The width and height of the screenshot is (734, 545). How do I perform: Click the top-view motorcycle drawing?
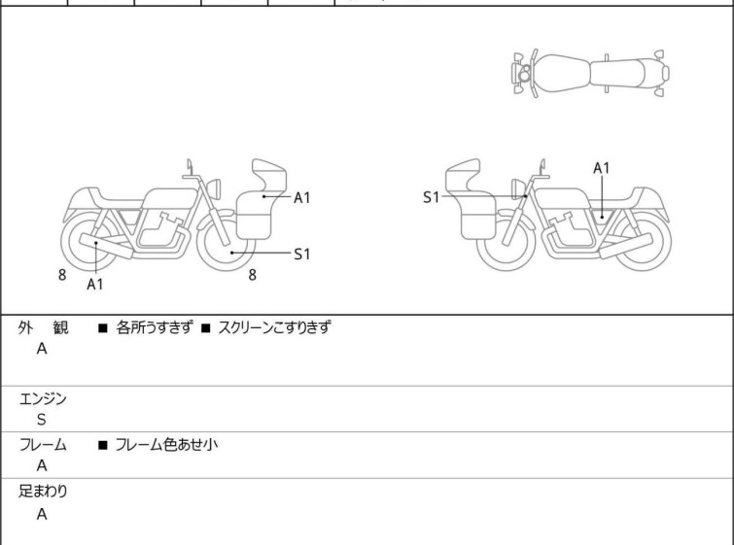(x=590, y=71)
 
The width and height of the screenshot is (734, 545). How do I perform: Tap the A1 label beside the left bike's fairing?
(x=302, y=197)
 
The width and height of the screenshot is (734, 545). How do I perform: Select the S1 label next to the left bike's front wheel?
(x=302, y=254)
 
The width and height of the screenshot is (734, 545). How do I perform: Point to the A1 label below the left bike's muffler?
(x=95, y=285)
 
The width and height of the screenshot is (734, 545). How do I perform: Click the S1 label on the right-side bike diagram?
(x=431, y=197)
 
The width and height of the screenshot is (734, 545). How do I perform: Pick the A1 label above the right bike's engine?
(x=602, y=168)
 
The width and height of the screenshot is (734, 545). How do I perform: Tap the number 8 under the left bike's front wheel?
(x=252, y=275)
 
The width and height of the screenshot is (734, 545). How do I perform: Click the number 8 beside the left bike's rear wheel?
(x=62, y=275)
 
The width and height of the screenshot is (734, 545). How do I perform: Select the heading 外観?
(x=44, y=328)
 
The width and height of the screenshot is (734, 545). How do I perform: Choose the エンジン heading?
(x=44, y=398)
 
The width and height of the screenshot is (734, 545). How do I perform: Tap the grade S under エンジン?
(x=42, y=420)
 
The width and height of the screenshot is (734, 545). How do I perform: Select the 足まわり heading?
(x=44, y=492)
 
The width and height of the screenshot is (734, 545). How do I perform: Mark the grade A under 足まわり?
(x=42, y=515)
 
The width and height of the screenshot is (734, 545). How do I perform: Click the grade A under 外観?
(x=42, y=350)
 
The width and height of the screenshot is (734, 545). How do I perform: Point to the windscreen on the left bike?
(x=269, y=172)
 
